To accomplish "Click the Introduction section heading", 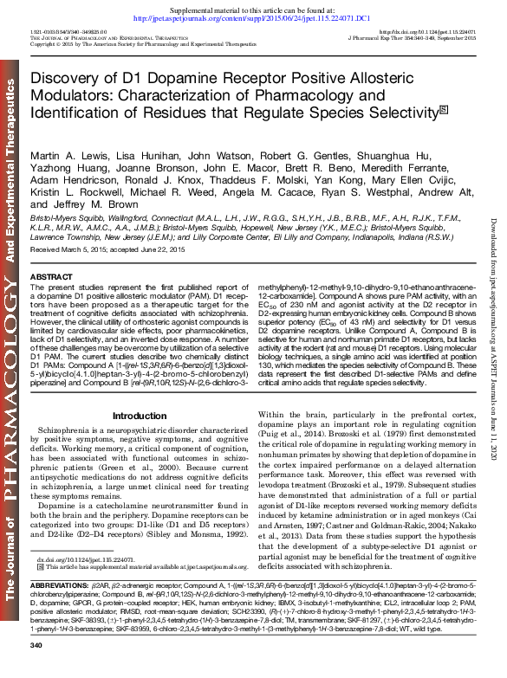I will [x=139, y=416].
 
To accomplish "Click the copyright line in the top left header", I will [x=130, y=44].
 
